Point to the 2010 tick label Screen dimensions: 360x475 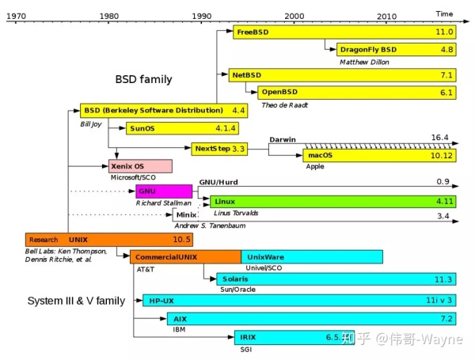pos(387,16)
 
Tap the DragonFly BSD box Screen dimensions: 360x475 pos(396,50)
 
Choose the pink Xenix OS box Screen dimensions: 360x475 pos(140,166)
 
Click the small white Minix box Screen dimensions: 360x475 pos(185,214)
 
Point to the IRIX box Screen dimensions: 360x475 pos(294,338)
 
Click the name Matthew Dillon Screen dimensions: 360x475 pos(364,62)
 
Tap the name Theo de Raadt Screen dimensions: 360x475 pos(284,104)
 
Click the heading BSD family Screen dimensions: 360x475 pos(143,80)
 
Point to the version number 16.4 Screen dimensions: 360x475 pos(440,138)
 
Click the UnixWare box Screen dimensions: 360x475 pos(312,257)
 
